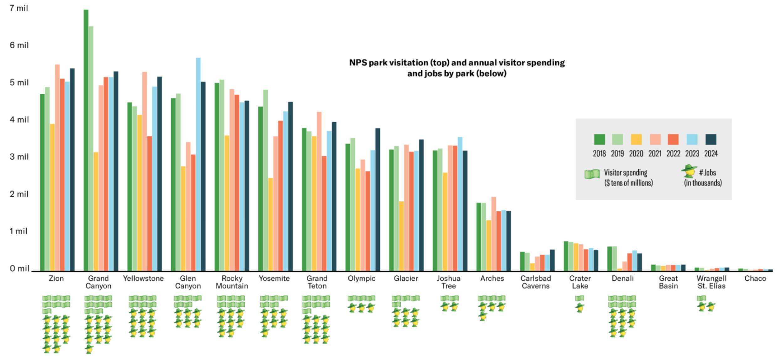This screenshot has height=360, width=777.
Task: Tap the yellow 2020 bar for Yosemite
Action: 270,224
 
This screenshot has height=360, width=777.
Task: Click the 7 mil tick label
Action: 19,8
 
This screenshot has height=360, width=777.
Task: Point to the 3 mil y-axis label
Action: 19,157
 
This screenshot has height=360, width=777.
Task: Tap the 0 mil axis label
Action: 19,268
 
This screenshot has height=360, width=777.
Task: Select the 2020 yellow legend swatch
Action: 636,140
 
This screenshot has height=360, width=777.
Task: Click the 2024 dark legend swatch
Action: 711,140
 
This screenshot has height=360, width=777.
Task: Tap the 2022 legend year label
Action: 674,153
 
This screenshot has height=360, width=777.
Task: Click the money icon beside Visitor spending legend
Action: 592,174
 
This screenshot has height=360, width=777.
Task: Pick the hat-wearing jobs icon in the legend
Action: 689,171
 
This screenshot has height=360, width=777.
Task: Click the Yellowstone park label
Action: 143,278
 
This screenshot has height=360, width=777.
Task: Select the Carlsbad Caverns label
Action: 536,282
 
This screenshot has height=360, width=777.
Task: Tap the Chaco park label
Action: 755,278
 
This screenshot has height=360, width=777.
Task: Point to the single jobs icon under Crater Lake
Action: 580,307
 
